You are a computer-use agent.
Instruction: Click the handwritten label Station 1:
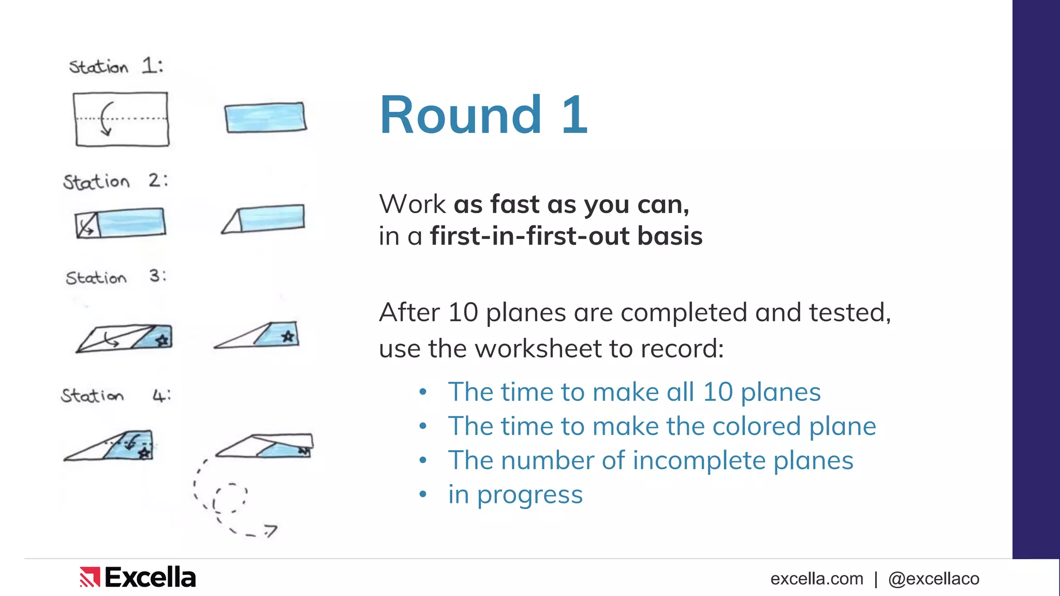click(x=116, y=66)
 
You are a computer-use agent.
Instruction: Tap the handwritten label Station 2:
click(x=115, y=181)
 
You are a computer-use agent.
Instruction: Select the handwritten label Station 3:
click(x=115, y=277)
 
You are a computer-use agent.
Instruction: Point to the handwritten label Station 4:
click(x=115, y=396)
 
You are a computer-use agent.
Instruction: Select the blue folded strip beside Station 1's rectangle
click(x=266, y=117)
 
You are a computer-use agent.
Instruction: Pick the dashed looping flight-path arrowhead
click(x=270, y=530)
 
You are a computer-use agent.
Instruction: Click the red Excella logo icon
click(x=90, y=577)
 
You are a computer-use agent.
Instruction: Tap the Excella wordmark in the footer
click(x=150, y=577)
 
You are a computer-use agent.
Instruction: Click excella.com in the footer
click(x=817, y=578)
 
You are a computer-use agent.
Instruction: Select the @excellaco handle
click(x=934, y=578)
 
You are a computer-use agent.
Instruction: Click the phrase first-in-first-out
click(x=530, y=236)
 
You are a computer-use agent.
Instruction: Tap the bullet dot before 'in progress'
click(x=423, y=495)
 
